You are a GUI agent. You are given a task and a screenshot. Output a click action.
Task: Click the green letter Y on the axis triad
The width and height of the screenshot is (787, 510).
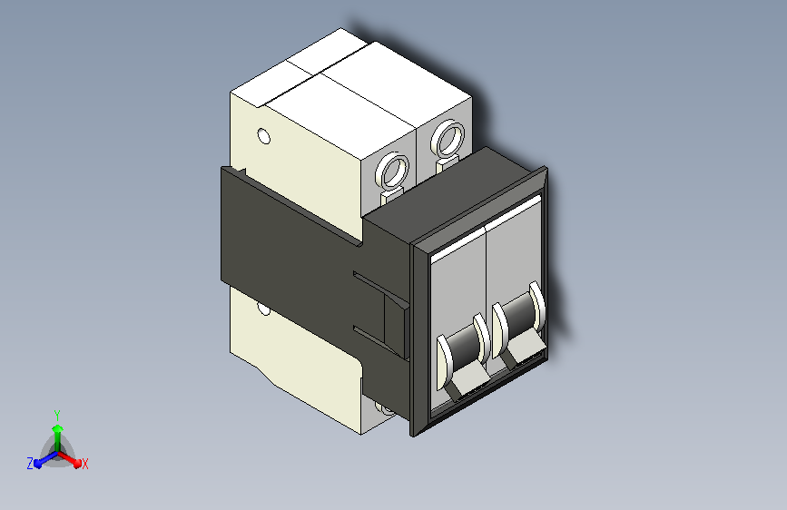coord(57,416)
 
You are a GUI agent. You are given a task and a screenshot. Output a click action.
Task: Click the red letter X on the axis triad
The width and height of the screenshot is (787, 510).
coord(84,465)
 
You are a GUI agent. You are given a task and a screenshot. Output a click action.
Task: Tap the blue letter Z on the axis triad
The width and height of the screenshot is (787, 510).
coord(30,464)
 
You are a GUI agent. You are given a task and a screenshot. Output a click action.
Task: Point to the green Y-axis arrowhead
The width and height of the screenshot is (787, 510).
coord(57,428)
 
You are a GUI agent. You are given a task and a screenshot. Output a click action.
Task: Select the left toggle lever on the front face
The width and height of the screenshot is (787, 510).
coord(463,357)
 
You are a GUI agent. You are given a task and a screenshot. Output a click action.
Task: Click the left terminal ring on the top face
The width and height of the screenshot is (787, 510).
coord(392,172)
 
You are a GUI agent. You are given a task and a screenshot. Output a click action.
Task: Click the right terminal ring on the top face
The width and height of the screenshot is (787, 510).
coord(448,139)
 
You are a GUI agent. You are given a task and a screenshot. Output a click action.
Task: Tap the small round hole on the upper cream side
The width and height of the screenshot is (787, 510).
coord(263,136)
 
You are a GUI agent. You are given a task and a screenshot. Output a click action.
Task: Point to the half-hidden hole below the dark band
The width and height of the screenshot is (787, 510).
coord(264,309)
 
